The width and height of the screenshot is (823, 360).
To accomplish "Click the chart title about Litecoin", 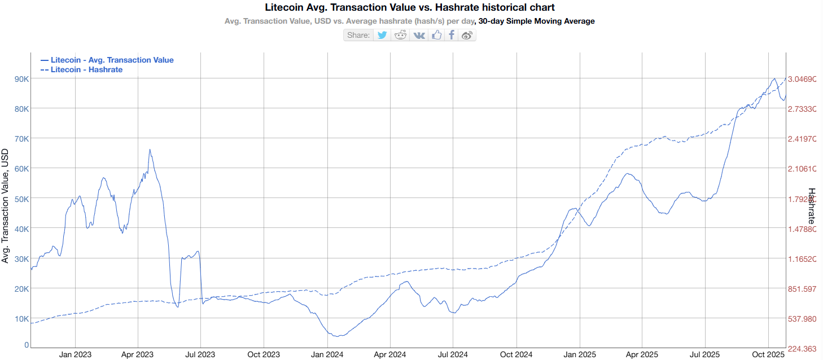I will tap(409, 7).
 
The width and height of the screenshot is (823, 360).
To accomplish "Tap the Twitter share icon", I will tap(382, 35).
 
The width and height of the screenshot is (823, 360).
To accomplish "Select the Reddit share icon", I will tap(401, 35).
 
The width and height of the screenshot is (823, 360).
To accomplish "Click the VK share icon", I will tap(419, 35).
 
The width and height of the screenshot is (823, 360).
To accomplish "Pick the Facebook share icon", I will tap(452, 35).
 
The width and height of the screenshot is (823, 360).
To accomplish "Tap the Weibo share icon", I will tap(467, 35).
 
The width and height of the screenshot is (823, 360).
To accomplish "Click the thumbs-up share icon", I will tap(436, 35).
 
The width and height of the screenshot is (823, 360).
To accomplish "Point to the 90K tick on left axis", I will tap(21, 78).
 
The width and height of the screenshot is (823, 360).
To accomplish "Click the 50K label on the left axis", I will tap(21, 199).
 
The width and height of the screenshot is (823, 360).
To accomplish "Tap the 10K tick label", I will tap(21, 319).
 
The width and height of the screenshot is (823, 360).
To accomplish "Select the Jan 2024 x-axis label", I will tap(327, 354).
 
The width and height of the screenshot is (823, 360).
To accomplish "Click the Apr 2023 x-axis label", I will tap(138, 354).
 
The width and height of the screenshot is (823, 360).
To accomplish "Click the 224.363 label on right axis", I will tap(802, 349).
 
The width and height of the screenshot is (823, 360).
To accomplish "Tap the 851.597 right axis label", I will tap(802, 289).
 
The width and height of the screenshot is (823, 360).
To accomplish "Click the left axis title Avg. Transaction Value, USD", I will tap(5, 206).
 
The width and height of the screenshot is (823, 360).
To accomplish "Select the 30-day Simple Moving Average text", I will tap(536, 21).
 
